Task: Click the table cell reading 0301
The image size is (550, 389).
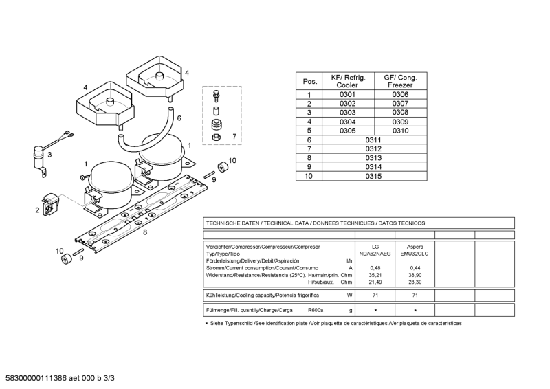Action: (347, 94)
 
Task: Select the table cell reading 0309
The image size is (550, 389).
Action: (400, 122)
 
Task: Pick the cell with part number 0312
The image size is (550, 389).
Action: (373, 148)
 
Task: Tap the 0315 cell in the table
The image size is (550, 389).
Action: (373, 176)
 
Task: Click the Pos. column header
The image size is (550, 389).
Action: (310, 82)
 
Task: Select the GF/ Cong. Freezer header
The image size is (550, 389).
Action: (400, 81)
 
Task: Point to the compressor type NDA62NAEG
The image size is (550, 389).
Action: (375, 254)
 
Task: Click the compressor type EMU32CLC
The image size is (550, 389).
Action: (415, 254)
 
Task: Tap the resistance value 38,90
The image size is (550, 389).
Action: (415, 275)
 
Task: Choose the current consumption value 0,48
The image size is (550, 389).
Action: (375, 268)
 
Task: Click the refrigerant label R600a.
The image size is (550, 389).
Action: (316, 310)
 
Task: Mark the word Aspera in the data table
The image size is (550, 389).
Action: (415, 247)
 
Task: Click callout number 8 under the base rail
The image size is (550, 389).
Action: (145, 232)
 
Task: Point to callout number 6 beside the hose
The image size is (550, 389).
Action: (179, 118)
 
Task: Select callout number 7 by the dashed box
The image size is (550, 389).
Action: (234, 137)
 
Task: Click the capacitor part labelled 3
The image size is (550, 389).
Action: (39, 160)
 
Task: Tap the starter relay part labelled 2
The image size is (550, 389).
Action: (49, 205)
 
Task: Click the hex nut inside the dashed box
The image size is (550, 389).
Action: (217, 137)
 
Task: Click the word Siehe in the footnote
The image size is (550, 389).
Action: (217, 324)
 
